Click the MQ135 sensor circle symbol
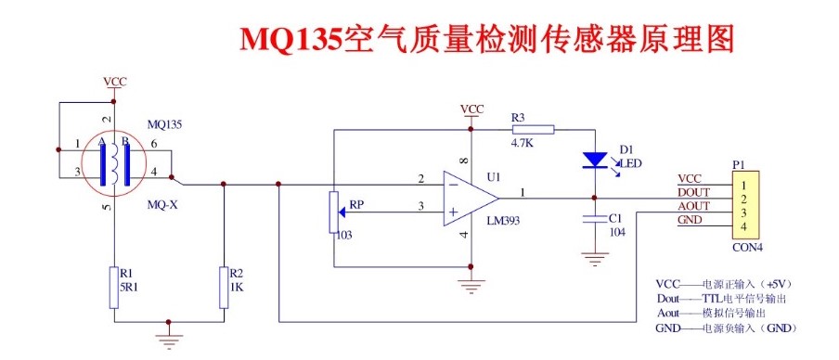(x=112, y=163)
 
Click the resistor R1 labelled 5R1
(x=113, y=281)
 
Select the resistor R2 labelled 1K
(x=224, y=281)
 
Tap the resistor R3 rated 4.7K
(x=533, y=129)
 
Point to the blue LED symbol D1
(x=594, y=160)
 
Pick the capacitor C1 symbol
(x=594, y=220)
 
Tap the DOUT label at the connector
(x=694, y=192)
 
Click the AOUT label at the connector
(x=694, y=206)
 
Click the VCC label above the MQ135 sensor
(x=114, y=82)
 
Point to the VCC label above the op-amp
(x=472, y=109)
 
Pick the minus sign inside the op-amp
(x=453, y=183)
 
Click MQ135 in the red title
(x=291, y=39)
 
